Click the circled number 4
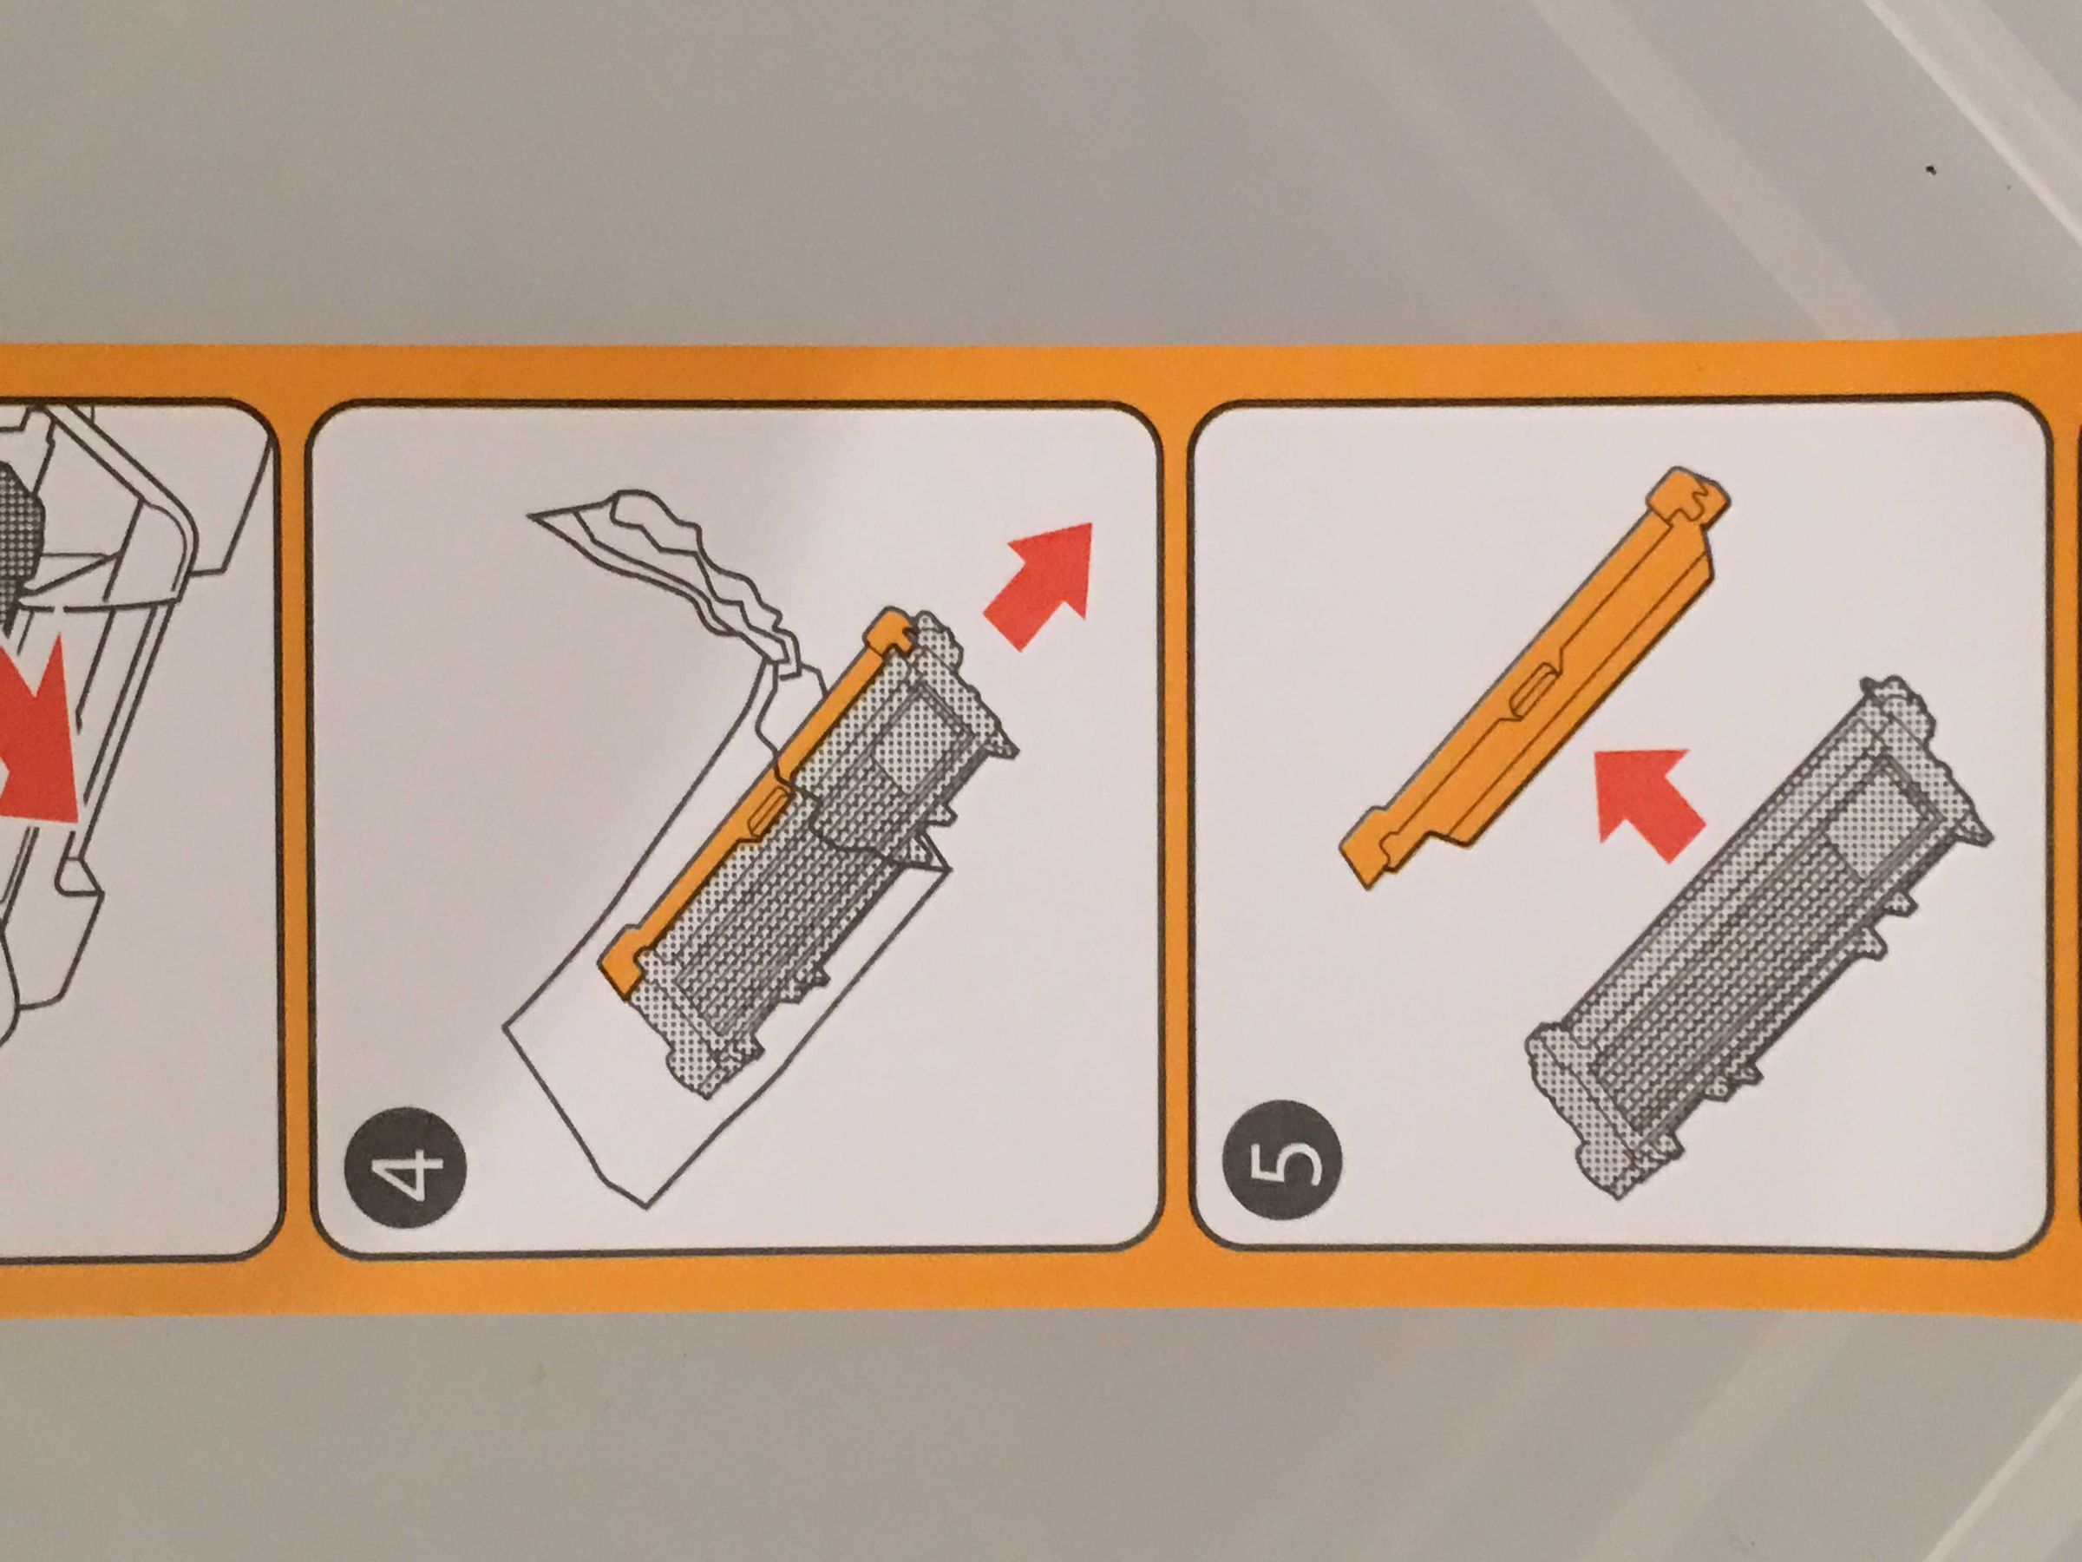coord(406,1166)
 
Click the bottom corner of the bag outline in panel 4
coord(646,1206)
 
